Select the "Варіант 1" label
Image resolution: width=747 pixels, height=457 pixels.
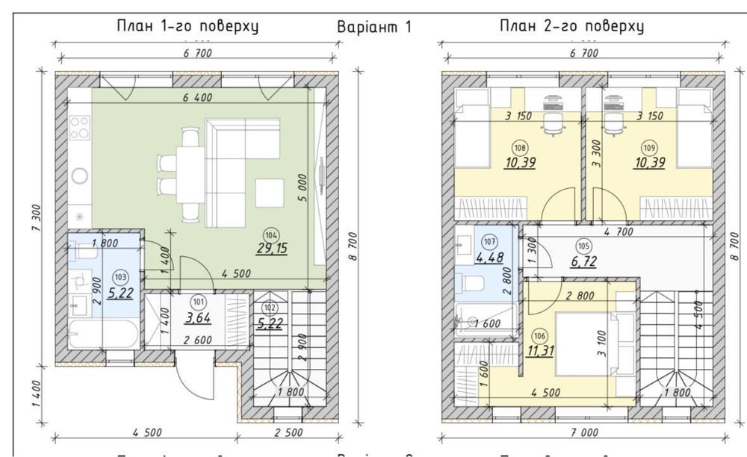(375, 27)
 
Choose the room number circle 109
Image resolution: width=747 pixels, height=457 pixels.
(648, 148)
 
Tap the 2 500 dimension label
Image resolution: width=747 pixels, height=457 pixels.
(288, 431)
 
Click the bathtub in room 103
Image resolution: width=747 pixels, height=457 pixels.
(102, 335)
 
